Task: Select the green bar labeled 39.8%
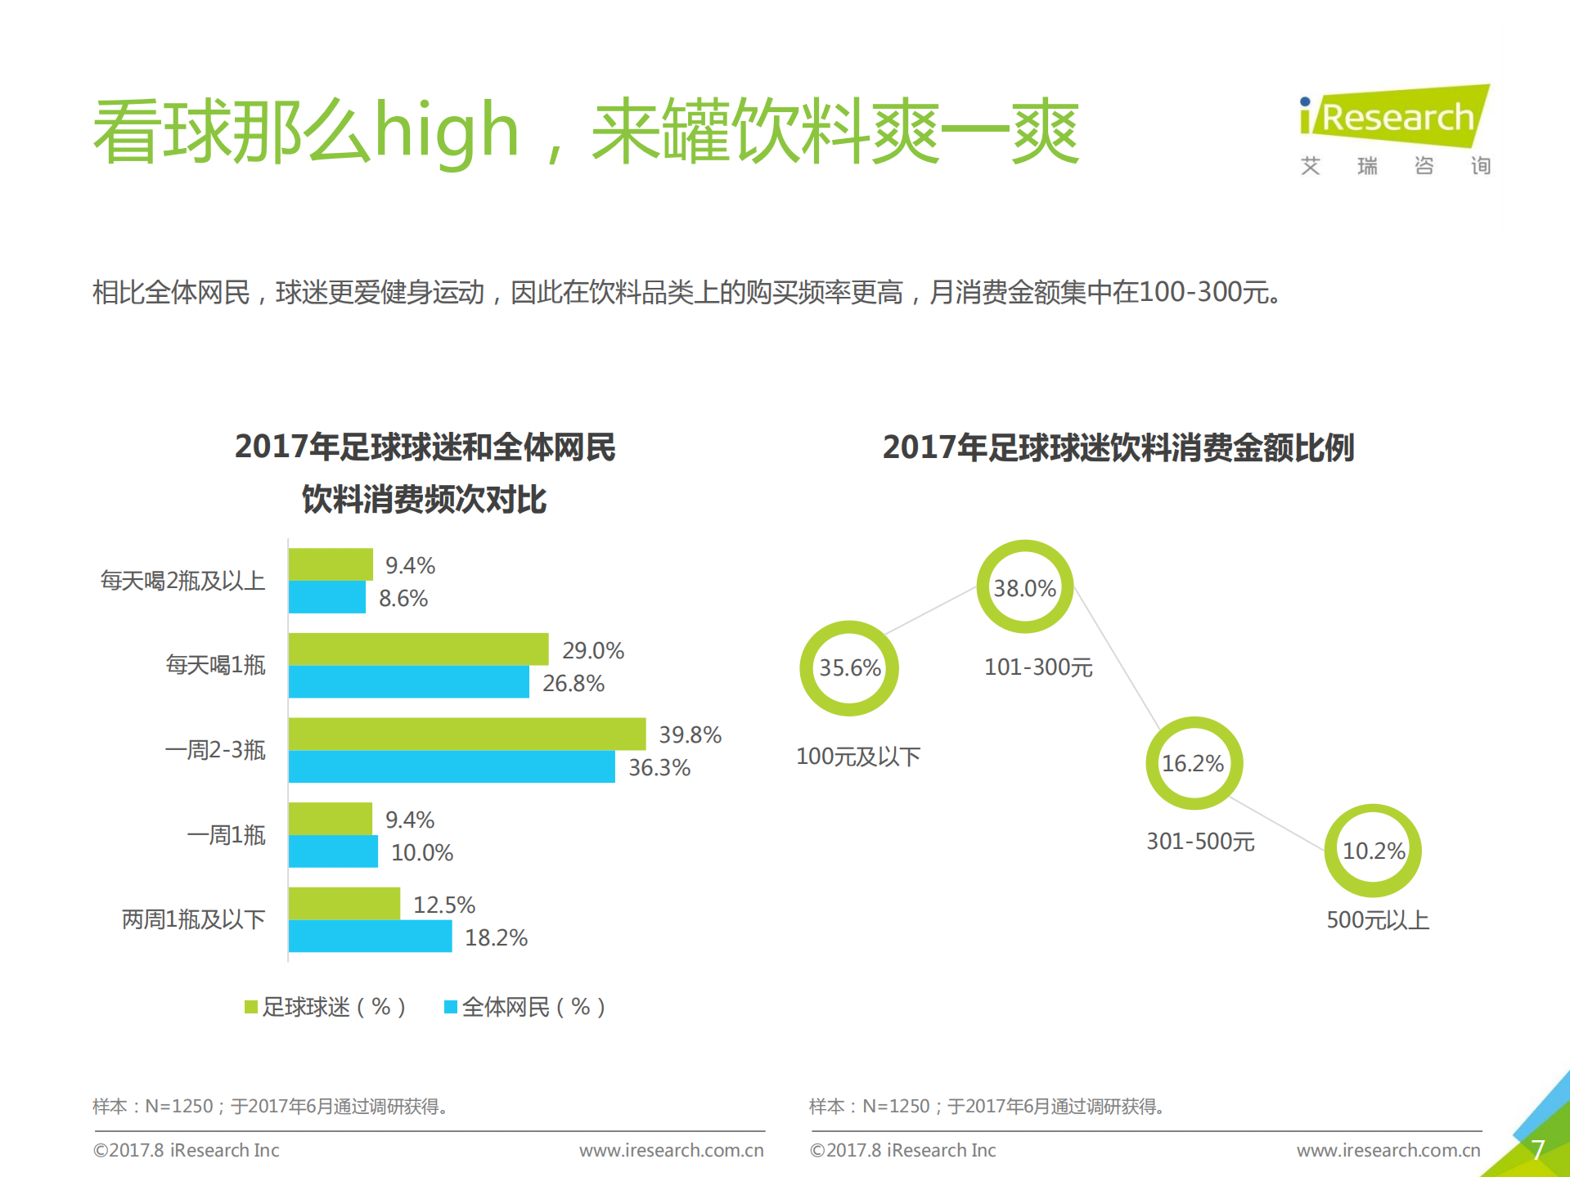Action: pyautogui.click(x=466, y=734)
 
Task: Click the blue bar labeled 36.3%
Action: pyautogui.click(x=451, y=767)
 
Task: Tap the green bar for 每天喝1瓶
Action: pyautogui.click(x=418, y=649)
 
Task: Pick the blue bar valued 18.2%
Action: pyautogui.click(x=370, y=937)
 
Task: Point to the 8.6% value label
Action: pyautogui.click(x=403, y=599)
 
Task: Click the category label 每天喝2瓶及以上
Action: pyautogui.click(x=182, y=581)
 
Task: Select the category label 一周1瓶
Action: pyautogui.click(x=226, y=835)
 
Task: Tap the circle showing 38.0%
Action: pyautogui.click(x=1024, y=587)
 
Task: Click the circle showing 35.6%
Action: pyautogui.click(x=849, y=668)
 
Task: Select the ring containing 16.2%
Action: pyautogui.click(x=1193, y=763)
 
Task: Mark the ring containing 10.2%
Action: pyautogui.click(x=1373, y=851)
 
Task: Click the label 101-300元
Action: pyautogui.click(x=1037, y=667)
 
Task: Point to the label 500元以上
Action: pyautogui.click(x=1377, y=920)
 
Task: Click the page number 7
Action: pyautogui.click(x=1537, y=1150)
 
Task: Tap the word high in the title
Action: pyautogui.click(x=446, y=131)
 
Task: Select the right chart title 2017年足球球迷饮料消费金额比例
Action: pyautogui.click(x=1118, y=447)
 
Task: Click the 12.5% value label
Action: pyautogui.click(x=443, y=905)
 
